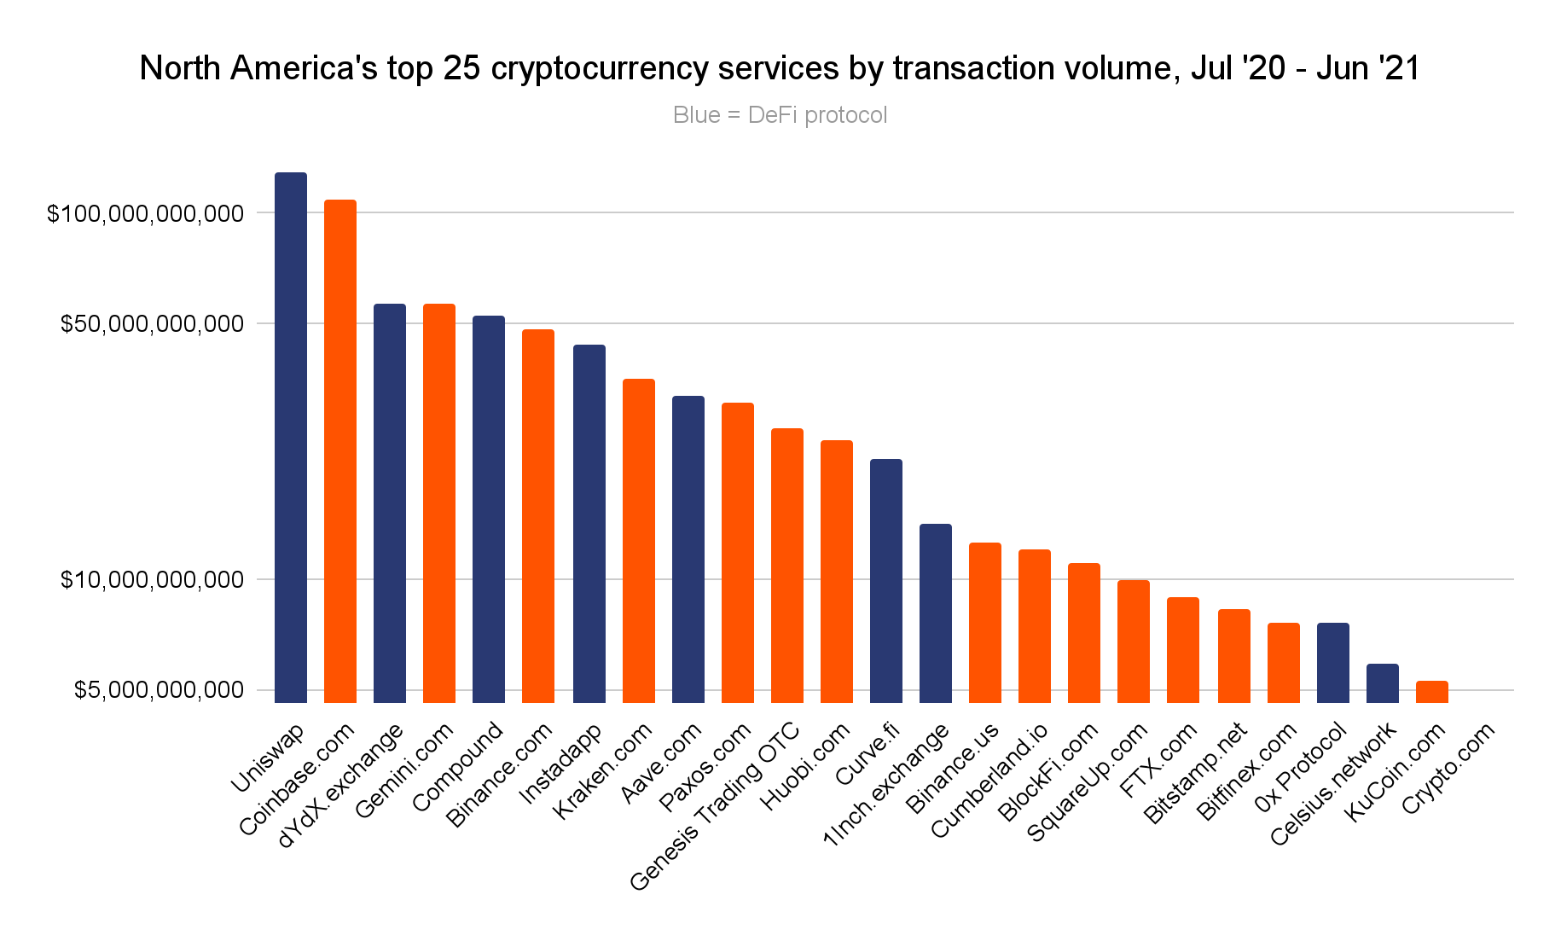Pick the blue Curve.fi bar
885,580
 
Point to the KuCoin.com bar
1431,691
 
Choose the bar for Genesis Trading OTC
786,565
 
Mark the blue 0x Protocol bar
1332,662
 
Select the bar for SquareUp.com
1134,641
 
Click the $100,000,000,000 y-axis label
146,213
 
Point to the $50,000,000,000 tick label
152,324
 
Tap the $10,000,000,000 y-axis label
152,580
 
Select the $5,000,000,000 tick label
158,690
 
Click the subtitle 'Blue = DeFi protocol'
780,115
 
